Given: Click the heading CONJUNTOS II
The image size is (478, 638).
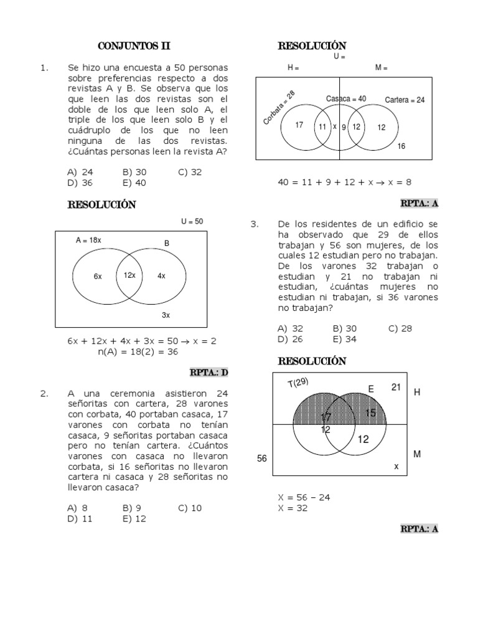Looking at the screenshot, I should pos(134,46).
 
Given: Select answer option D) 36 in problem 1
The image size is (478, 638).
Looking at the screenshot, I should pos(80,183).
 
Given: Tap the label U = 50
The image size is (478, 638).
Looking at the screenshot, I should pos(192,221).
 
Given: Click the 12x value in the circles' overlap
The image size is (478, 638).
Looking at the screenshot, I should pos(129,275).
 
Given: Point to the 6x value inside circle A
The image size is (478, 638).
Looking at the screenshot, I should pos(98,276).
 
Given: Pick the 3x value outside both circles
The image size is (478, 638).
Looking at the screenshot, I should pos(166,315).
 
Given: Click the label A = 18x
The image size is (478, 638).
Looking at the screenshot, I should pos(88,240).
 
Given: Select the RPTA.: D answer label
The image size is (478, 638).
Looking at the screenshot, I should pos(209,373).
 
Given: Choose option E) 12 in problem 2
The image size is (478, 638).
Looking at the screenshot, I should pos(134,518).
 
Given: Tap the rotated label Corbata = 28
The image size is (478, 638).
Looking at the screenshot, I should pos(279,107).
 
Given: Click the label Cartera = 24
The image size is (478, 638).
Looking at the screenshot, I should pos(405,100).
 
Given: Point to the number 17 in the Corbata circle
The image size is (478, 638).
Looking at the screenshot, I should pos(299,125).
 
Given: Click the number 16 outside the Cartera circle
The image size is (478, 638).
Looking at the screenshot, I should pos(401,146).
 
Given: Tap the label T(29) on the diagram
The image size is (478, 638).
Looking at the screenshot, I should pos(298,383).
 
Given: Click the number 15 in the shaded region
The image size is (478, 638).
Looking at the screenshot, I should pos(370,412).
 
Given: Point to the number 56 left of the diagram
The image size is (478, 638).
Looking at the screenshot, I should pos(262,458).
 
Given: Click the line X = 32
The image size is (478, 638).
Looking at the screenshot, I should pos(293,508).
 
